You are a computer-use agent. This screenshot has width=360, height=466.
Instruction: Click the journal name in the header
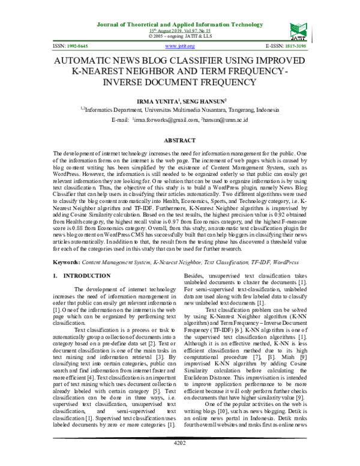click(x=180, y=25)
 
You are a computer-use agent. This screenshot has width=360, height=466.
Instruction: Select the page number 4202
click(x=179, y=459)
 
